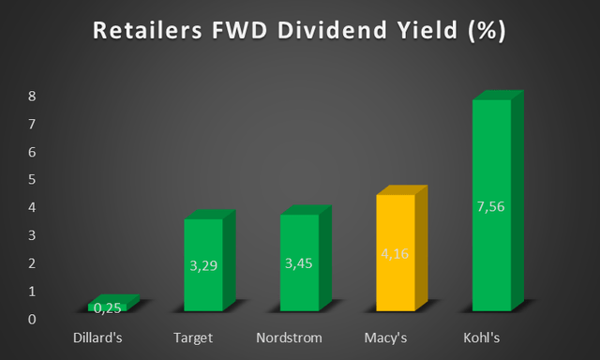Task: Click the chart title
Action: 299,31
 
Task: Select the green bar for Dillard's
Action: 107,306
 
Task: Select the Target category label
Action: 194,337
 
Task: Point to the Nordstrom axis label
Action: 290,337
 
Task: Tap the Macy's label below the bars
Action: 386,337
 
